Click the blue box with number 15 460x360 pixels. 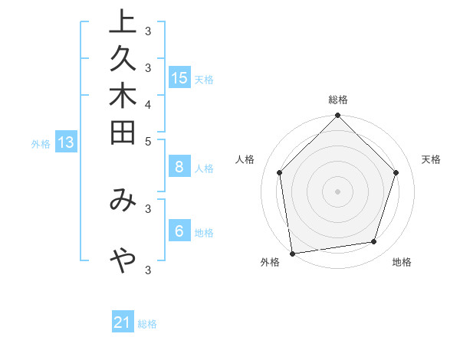pyautogui.click(x=179, y=78)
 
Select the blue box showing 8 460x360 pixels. pyautogui.click(x=179, y=167)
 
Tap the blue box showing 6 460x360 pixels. pyautogui.click(x=179, y=231)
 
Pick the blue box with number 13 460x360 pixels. pyautogui.click(x=66, y=142)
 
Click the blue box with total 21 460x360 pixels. pyautogui.click(x=123, y=322)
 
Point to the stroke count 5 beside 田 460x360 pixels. pyautogui.click(x=148, y=141)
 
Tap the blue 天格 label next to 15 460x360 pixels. pyautogui.click(x=204, y=79)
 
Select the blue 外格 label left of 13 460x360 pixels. pyautogui.click(x=41, y=142)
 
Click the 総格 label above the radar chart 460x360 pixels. pyautogui.click(x=338, y=100)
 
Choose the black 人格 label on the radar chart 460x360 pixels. pyautogui.click(x=245, y=159)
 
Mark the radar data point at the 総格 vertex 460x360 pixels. pyautogui.click(x=337, y=116)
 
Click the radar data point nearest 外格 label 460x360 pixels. pyautogui.click(x=292, y=253)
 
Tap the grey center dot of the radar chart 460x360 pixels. pyautogui.click(x=337, y=191)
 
